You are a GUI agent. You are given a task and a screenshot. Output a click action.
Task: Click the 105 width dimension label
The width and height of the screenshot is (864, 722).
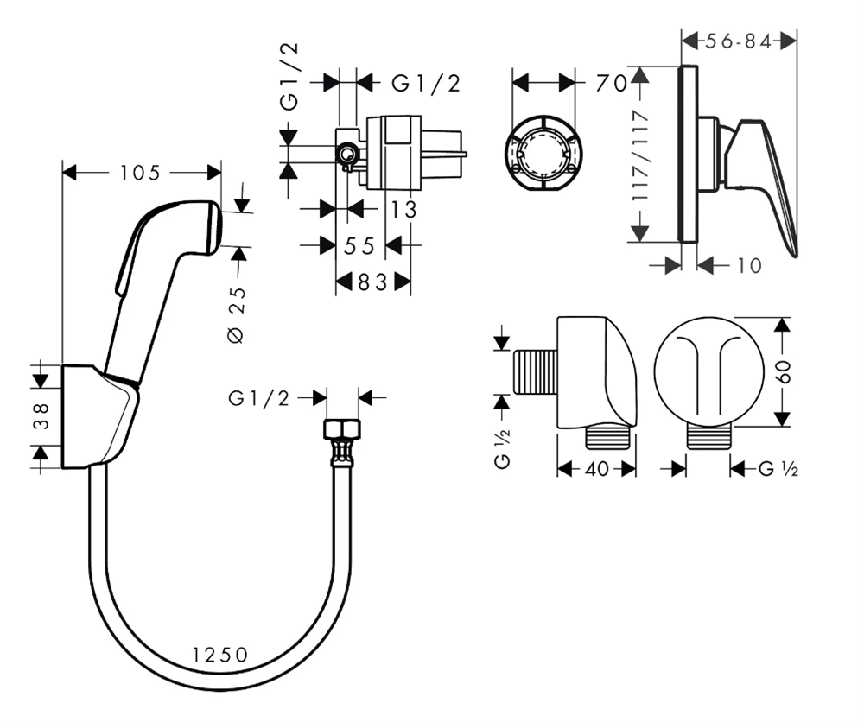click(140, 173)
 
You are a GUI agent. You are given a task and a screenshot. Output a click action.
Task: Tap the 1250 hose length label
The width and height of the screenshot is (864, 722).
click(220, 655)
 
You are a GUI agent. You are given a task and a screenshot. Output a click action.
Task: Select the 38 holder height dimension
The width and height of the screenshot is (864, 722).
click(40, 416)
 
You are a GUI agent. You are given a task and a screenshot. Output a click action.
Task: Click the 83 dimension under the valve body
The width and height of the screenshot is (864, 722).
click(372, 282)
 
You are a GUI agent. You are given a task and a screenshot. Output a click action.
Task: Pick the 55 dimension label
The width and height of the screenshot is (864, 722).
click(360, 246)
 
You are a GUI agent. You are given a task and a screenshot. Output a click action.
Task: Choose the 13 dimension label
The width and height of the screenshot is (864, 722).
click(403, 209)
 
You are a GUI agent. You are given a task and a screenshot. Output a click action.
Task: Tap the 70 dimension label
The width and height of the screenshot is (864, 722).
click(610, 83)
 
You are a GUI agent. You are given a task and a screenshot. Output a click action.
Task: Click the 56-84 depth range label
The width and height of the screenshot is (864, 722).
click(739, 41)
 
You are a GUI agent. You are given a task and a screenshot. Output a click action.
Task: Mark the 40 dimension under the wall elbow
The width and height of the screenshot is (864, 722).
click(597, 469)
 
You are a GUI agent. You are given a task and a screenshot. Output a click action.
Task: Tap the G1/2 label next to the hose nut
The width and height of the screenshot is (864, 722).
click(259, 398)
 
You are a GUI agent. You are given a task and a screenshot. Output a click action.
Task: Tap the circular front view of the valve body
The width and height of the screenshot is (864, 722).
click(543, 152)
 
